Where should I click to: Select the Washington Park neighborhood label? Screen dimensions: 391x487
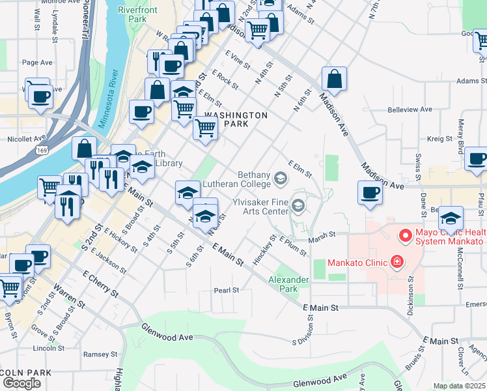click(x=236, y=119)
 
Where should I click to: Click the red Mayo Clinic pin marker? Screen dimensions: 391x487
click(x=405, y=235)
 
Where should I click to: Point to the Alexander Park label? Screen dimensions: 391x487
click(x=290, y=284)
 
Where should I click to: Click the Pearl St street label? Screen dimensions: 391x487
click(x=227, y=290)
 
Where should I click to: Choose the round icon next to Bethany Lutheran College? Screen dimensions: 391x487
click(x=281, y=177)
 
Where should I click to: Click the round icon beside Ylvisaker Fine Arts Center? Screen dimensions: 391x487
click(x=298, y=207)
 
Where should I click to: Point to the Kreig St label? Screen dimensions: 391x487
click(x=439, y=139)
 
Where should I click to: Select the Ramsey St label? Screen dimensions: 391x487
click(x=104, y=355)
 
